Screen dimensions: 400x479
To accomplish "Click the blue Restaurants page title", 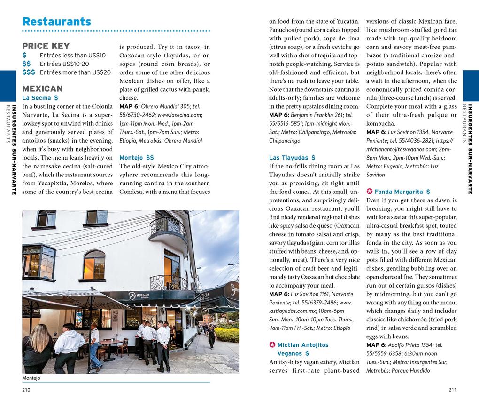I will [57, 22].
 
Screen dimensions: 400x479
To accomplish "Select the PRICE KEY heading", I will [46, 46].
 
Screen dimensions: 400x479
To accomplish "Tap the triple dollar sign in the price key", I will [28, 72].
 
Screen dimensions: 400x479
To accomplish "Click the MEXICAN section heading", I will [42, 88].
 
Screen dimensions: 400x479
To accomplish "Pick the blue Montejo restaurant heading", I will [136, 158].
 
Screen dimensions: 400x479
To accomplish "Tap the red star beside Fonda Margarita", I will [369, 192].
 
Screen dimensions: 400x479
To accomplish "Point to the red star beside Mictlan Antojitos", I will [272, 345].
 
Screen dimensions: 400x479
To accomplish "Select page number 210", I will [26, 390].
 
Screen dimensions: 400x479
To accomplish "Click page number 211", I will [452, 390].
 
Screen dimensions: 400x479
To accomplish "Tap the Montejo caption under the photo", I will [31, 378].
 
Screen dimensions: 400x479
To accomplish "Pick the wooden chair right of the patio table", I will [123, 347].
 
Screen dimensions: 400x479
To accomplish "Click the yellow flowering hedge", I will [227, 334].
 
